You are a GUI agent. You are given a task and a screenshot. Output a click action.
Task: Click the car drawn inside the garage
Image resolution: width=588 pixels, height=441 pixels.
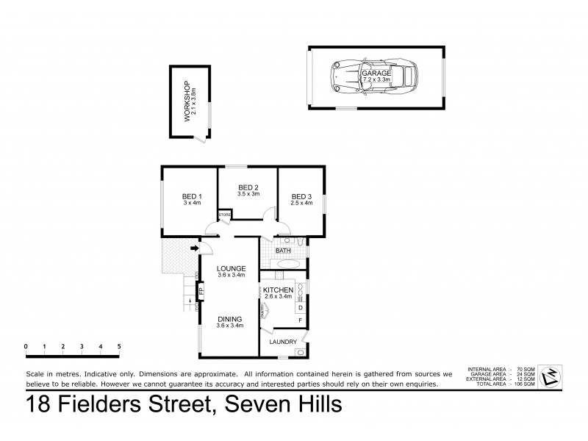[x=375, y=75]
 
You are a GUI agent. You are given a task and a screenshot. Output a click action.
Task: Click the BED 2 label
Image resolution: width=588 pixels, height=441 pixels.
[x=247, y=188]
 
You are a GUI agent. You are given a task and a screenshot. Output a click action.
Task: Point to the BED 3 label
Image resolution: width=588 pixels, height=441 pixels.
[x=301, y=196]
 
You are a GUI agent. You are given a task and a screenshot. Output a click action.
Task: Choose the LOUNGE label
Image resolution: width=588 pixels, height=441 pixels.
[x=231, y=268]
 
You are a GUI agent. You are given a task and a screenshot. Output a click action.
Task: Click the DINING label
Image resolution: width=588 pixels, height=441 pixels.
[x=230, y=320]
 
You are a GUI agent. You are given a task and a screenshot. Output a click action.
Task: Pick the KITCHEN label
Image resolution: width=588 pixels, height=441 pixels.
[x=279, y=291]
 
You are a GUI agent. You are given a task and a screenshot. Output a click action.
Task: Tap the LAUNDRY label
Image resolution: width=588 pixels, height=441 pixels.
[x=283, y=342]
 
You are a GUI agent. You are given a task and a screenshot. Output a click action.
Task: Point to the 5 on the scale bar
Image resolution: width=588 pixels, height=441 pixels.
[x=118, y=345]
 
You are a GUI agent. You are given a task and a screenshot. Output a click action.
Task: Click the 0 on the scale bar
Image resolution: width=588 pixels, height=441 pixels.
[x=26, y=345]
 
